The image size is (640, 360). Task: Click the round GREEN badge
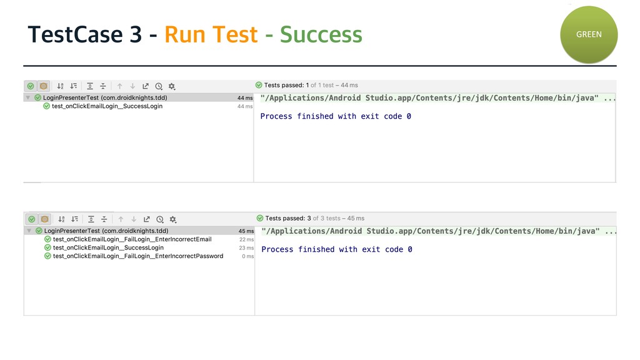tap(588, 34)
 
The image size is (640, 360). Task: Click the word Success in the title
tap(321, 34)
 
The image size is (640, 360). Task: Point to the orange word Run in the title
tap(185, 34)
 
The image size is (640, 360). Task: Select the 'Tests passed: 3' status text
tap(288, 218)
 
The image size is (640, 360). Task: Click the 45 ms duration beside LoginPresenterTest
tap(246, 231)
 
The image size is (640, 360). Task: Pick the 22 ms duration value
tap(246, 239)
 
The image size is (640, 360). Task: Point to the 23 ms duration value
tap(246, 248)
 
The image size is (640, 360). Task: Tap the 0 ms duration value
tap(248, 256)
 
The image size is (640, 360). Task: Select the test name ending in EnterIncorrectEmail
tap(132, 239)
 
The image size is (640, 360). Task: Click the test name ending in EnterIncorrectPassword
tap(137, 256)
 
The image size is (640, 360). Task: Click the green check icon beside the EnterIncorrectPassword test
tap(47, 256)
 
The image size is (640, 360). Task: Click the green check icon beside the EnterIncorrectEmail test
tap(47, 239)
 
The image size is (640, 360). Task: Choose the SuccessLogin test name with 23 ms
tap(108, 248)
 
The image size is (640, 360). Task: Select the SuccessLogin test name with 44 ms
tap(107, 106)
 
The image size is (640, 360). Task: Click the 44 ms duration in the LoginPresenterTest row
tap(244, 98)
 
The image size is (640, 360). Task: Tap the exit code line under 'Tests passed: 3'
tap(336, 249)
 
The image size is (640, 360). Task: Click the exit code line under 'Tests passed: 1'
tap(335, 116)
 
